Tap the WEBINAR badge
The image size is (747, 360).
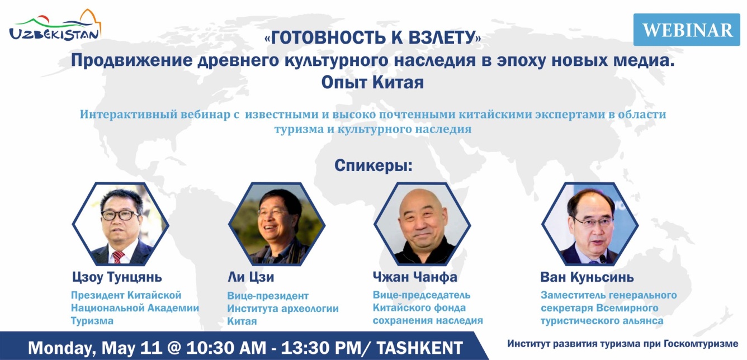(687, 30)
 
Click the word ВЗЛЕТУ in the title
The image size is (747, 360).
(442, 37)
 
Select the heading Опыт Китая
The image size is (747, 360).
(372, 82)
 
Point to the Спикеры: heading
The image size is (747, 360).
(373, 165)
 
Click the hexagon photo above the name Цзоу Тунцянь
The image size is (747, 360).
(120, 224)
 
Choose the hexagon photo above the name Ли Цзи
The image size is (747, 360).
(277, 224)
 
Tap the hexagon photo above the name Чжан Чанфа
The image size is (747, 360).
(422, 224)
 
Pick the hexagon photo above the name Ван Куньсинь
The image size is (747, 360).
(590, 224)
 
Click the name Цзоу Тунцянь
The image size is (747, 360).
(117, 277)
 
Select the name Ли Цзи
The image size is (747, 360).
(251, 277)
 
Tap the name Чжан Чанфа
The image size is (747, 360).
(415, 277)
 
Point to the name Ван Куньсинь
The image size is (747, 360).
(587, 277)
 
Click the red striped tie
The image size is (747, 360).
(118, 257)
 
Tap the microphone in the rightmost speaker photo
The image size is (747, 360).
(603, 259)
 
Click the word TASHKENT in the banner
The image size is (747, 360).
(419, 348)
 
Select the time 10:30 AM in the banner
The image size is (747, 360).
(226, 348)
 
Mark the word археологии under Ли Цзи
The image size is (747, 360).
(310, 309)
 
